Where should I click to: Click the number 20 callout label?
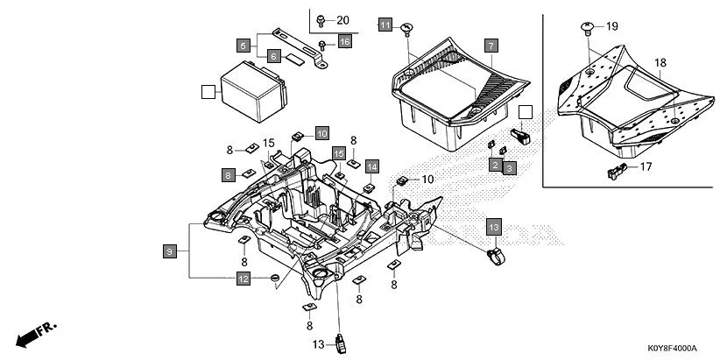(x=342, y=20)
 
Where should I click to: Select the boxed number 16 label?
(x=344, y=42)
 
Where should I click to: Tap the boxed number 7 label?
(x=491, y=45)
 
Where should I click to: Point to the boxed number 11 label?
(x=385, y=25)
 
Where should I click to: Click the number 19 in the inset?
(x=611, y=26)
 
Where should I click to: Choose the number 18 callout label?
(x=660, y=63)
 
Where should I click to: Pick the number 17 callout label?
(x=647, y=166)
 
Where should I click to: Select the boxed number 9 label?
(x=168, y=251)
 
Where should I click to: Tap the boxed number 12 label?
(x=243, y=279)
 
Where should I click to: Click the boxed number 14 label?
(x=371, y=166)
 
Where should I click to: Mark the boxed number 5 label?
(x=243, y=44)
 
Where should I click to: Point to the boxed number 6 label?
(x=273, y=56)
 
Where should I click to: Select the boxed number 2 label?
(x=495, y=165)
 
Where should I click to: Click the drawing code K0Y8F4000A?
(x=679, y=349)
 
